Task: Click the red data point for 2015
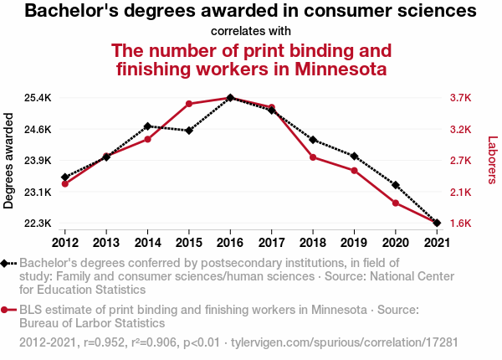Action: pos(189,104)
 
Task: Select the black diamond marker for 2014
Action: pos(147,126)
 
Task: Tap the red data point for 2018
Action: pos(313,157)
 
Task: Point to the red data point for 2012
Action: pos(64,183)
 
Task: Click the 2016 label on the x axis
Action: pos(230,242)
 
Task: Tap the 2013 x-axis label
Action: pos(106,242)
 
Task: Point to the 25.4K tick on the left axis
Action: pos(37,98)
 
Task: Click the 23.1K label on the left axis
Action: pos(37,193)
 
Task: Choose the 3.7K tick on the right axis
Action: pos(461,98)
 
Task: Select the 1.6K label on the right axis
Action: pos(461,224)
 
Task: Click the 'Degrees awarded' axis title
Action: pos(9,161)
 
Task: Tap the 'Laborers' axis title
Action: pos(492,161)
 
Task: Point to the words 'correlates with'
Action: pos(250,31)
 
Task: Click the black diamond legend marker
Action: pos(8,263)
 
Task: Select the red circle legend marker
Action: pos(8,309)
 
